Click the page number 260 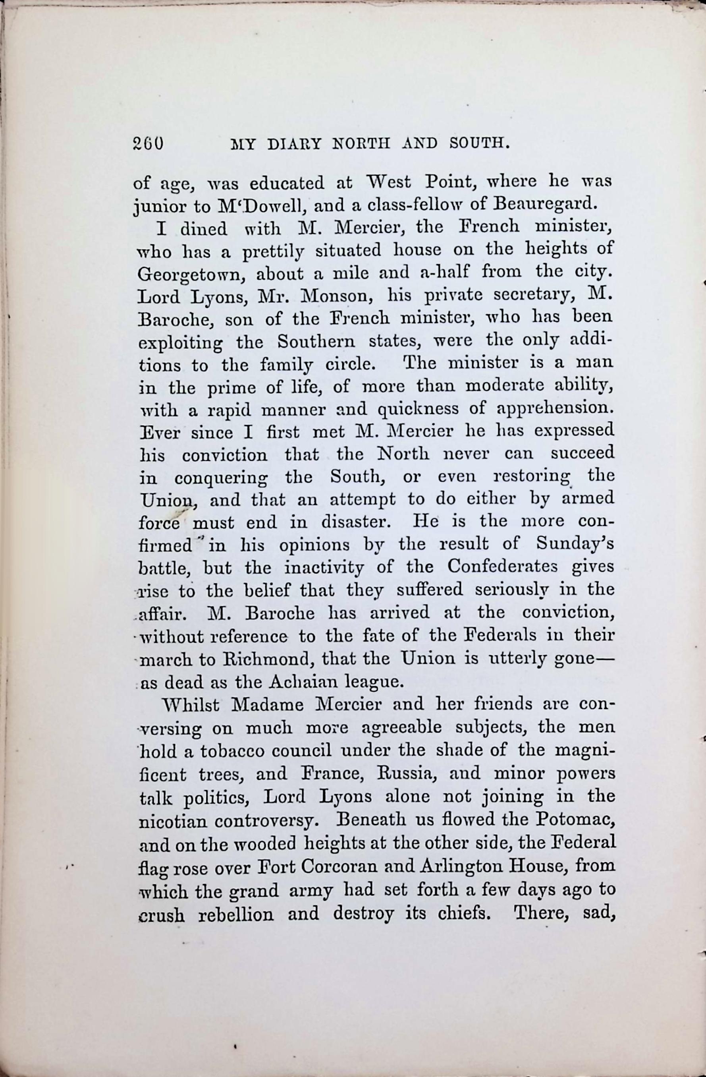148,143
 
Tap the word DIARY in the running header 294,144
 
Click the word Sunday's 575,544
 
